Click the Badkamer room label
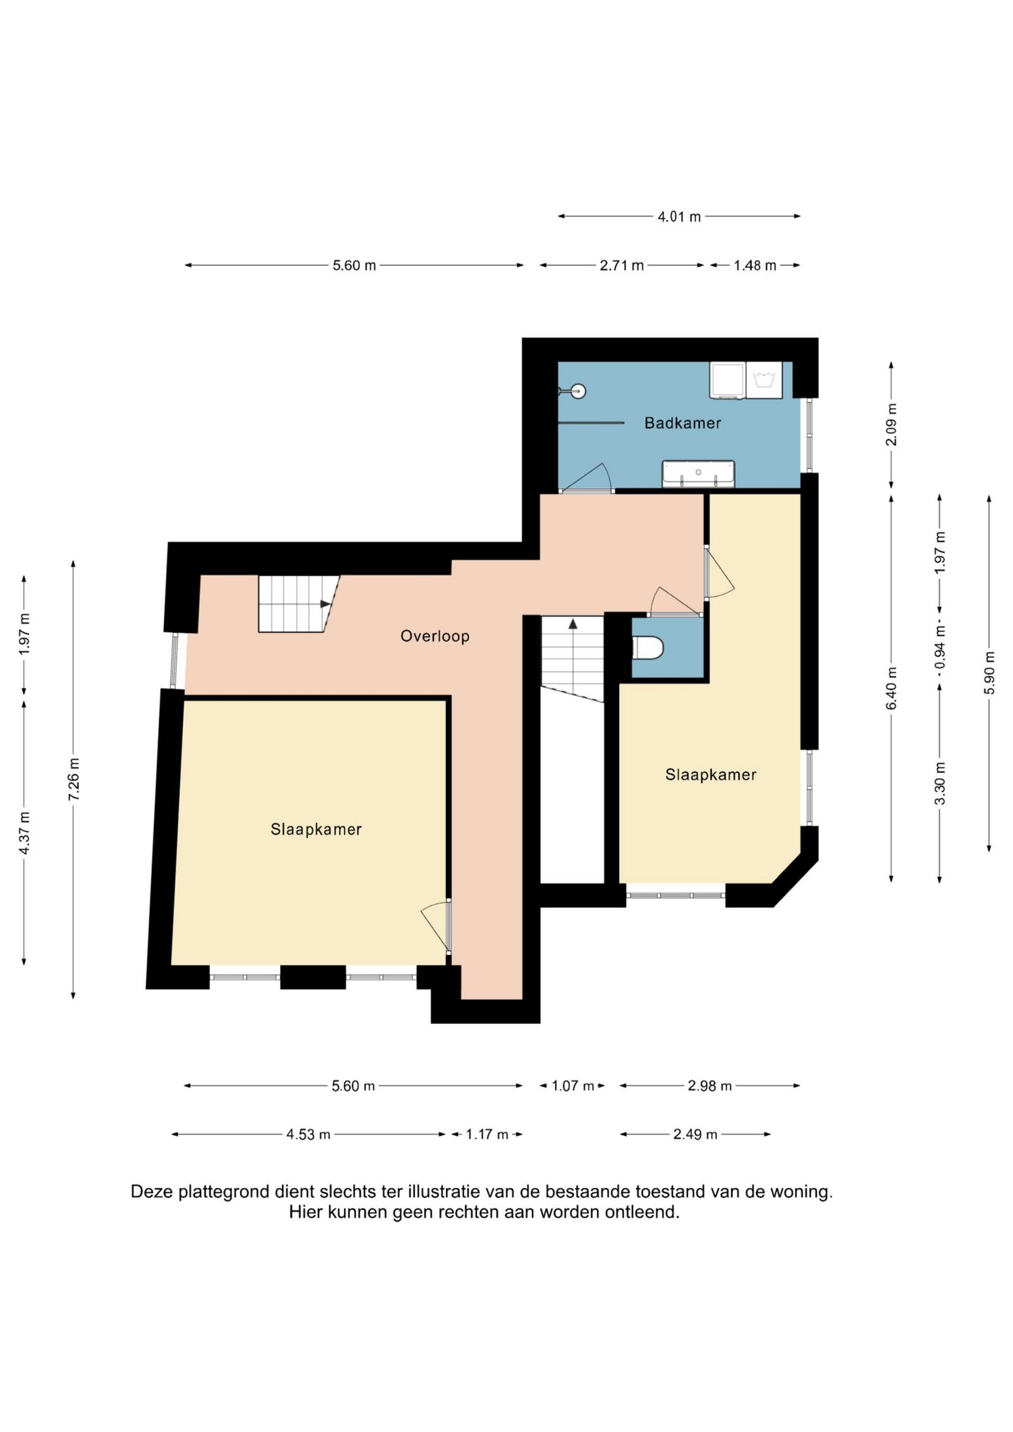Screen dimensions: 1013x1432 click(682, 423)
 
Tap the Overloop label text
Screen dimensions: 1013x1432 click(435, 636)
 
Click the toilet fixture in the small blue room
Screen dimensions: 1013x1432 click(648, 648)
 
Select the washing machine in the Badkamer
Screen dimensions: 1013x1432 click(764, 380)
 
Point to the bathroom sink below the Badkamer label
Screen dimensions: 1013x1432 click(699, 473)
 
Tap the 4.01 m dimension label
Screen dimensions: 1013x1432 click(679, 217)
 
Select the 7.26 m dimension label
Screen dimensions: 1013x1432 click(74, 779)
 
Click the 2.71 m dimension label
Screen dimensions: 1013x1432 click(622, 266)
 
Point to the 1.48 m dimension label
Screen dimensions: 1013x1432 click(755, 266)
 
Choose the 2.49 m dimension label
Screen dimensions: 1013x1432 click(695, 1134)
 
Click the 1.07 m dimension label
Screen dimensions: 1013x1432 click(573, 1086)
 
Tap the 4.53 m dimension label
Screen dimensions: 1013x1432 click(308, 1134)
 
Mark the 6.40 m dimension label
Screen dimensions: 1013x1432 click(892, 688)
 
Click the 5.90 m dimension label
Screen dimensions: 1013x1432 click(990, 672)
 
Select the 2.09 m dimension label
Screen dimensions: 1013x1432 click(892, 424)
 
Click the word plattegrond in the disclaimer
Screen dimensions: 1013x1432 click(224, 1192)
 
